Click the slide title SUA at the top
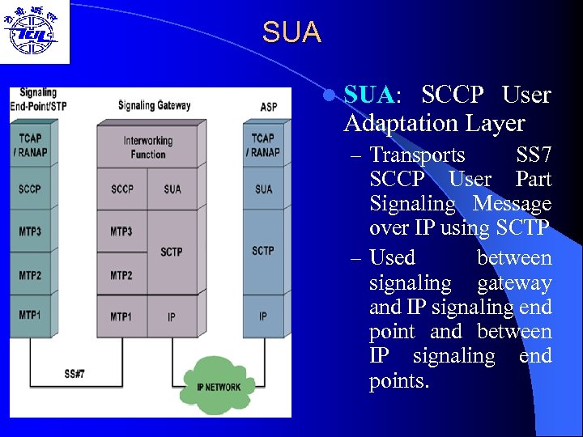(291, 33)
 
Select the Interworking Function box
(147, 147)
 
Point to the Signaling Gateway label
(154, 105)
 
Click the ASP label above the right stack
(268, 106)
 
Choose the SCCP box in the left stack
(30, 189)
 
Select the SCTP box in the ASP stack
(263, 251)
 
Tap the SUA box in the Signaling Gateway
(172, 189)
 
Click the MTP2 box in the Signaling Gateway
(121, 276)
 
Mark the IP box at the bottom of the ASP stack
(263, 316)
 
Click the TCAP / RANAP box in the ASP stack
(263, 145)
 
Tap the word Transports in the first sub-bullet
(417, 155)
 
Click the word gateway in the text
(514, 283)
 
